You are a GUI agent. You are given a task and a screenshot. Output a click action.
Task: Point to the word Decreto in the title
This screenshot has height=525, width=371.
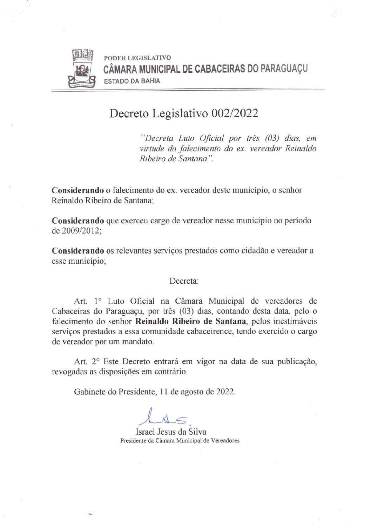click(x=129, y=113)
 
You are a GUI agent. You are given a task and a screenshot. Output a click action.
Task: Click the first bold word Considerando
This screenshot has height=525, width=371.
click(x=78, y=190)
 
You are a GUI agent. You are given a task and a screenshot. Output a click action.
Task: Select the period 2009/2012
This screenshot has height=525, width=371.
click(x=80, y=231)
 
